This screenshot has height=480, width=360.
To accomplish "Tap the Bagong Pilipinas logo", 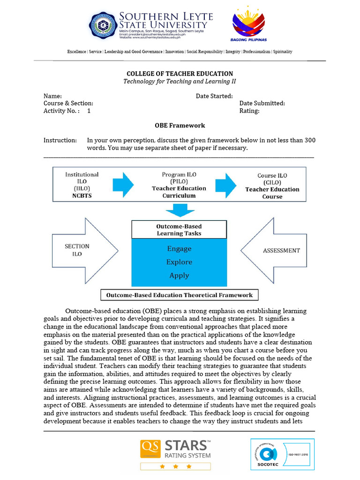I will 249,27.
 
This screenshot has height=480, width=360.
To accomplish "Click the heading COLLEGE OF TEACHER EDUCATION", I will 180,74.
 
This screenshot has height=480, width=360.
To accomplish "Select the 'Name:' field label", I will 52,96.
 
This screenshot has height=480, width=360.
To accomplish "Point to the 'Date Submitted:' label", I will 262,103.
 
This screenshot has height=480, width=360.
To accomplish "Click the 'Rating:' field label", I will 249,111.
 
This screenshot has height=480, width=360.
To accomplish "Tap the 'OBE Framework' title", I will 180,126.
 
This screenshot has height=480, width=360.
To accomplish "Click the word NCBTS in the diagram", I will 82,195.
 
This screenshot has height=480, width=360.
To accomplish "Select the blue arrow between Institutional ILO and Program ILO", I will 124,185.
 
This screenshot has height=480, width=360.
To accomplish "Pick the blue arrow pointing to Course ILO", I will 225,185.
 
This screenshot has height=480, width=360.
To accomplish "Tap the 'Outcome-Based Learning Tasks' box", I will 179,230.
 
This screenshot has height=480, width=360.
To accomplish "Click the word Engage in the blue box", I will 179,248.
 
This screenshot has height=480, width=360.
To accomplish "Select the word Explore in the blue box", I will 179,262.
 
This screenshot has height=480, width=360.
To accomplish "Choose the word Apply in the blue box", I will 179,276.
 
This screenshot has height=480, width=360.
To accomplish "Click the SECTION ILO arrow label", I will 77,250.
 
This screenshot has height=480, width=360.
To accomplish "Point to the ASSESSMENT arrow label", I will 281,250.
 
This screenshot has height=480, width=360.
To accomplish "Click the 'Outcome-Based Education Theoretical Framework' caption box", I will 180,295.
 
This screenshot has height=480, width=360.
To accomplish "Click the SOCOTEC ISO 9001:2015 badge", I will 282,454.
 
